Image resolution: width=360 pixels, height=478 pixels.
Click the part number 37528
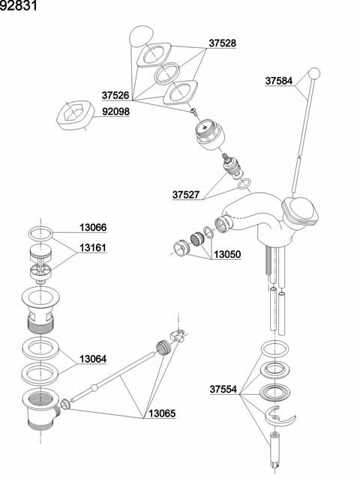point(223,43)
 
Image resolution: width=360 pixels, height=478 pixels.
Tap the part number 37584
point(279,81)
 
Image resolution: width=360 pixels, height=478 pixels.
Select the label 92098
point(116,112)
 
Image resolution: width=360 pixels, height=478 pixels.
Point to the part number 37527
point(186,195)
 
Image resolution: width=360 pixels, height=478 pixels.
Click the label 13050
point(227,254)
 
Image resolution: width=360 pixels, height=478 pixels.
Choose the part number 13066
point(93,228)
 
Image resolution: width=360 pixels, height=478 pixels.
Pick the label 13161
point(93,247)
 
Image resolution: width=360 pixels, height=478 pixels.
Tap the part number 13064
point(93,359)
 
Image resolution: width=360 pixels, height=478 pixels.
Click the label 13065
point(162,414)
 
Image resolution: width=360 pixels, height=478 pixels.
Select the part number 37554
point(223,390)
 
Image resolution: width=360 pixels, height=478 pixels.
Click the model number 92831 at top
point(18,5)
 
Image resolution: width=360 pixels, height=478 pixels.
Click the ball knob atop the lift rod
point(314,73)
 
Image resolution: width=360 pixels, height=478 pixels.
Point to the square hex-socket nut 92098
point(74,114)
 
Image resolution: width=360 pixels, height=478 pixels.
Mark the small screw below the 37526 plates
point(193,111)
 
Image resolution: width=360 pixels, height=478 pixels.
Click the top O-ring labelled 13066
point(40,234)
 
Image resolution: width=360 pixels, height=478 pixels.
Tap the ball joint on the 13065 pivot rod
point(94,388)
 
